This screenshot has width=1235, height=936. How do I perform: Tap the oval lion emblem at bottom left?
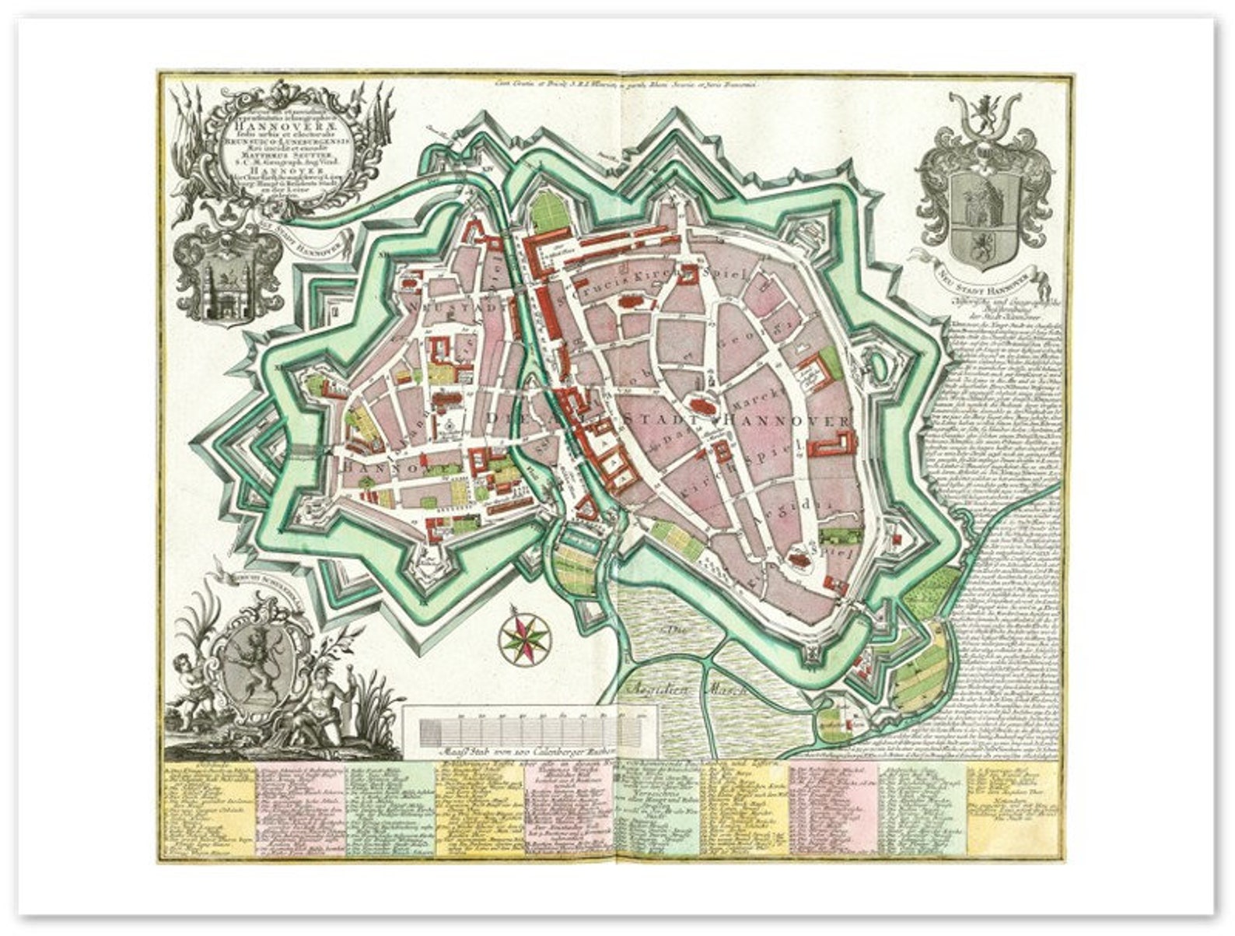point(250,665)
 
